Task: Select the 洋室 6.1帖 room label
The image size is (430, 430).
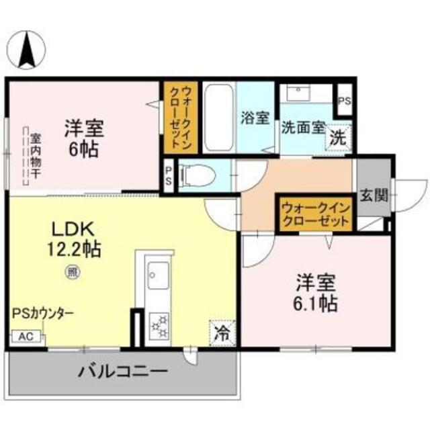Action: tap(314, 294)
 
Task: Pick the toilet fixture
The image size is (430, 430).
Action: tap(199, 176)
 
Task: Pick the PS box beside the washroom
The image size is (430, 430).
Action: tap(345, 102)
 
